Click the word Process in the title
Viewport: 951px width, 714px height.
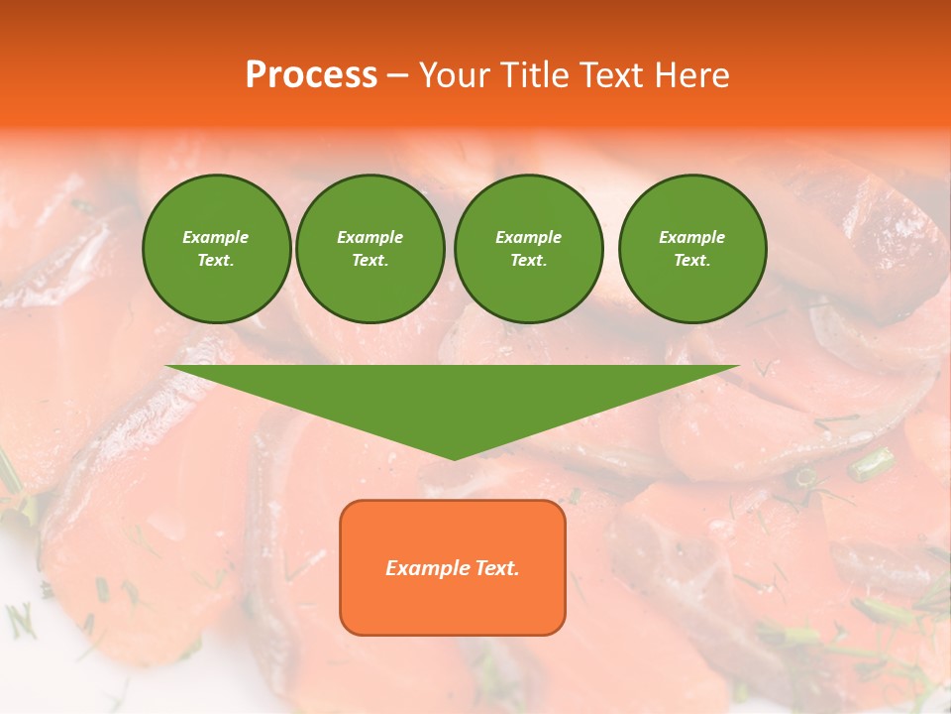click(x=311, y=75)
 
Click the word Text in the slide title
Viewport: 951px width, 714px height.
click(x=612, y=75)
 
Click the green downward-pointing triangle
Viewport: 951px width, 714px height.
click(x=453, y=397)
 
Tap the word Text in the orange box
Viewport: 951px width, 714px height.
click(x=496, y=568)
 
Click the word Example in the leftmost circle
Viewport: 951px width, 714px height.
click(x=216, y=237)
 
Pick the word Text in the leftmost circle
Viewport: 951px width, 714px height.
click(x=216, y=260)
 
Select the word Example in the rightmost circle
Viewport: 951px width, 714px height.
click(x=691, y=237)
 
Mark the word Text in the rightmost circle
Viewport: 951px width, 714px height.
click(x=691, y=260)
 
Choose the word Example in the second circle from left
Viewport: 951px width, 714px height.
click(x=370, y=237)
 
